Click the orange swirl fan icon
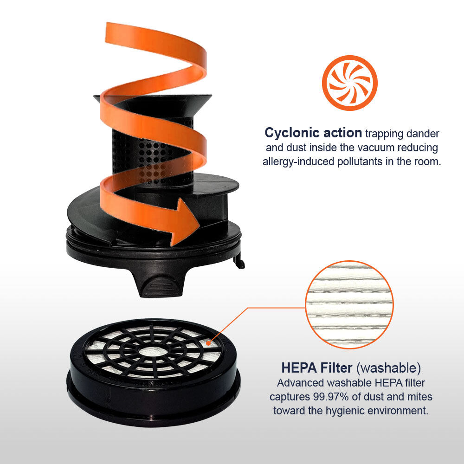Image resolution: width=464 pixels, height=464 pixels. (349, 83)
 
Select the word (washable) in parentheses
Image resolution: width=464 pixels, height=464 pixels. (388, 368)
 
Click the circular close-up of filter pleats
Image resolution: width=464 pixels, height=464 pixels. (349, 305)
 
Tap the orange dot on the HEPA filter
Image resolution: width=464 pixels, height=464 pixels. (208, 343)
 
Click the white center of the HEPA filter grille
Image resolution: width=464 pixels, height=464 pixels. (153, 352)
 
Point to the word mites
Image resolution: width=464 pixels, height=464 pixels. (419, 397)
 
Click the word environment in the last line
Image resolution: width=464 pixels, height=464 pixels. (398, 411)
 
